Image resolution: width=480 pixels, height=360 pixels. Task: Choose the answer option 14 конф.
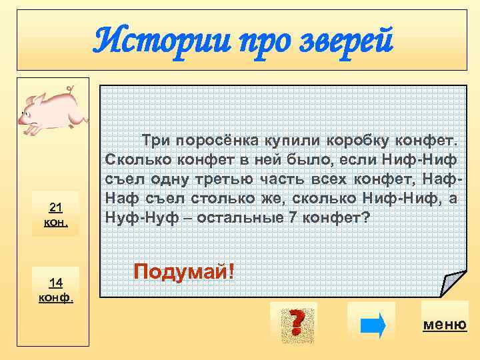pos(57,288)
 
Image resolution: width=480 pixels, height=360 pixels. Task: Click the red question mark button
pos(294,323)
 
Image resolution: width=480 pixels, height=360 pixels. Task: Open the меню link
pos(445,325)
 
